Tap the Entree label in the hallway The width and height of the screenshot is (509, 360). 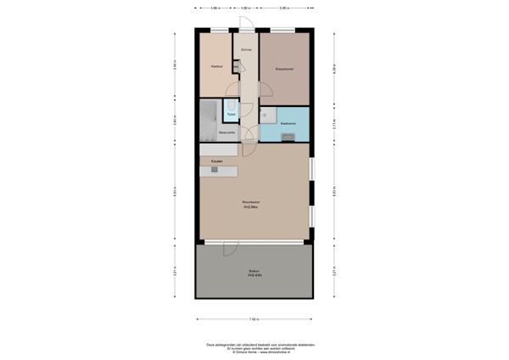pyautogui.click(x=246, y=50)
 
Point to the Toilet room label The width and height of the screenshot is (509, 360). pyautogui.click(x=231, y=114)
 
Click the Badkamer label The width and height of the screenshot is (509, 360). pyautogui.click(x=288, y=123)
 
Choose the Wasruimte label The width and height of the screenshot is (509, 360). pyautogui.click(x=227, y=132)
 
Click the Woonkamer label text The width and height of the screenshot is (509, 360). pyautogui.click(x=251, y=202)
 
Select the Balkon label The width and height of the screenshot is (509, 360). pyautogui.click(x=254, y=272)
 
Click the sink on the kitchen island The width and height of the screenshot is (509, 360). pyautogui.click(x=215, y=171)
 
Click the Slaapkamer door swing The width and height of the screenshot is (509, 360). pyautogui.click(x=264, y=90)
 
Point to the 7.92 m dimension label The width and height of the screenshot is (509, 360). pyautogui.click(x=254, y=319)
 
